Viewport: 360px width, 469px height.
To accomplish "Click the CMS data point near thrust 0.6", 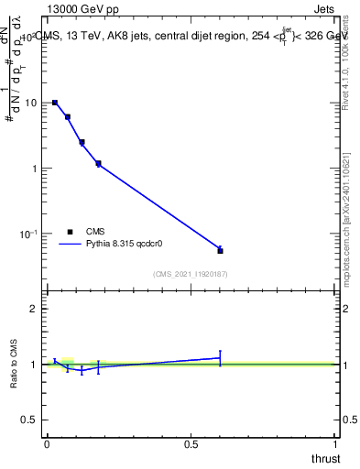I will [x=220, y=250].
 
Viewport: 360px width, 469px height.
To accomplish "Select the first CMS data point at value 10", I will [x=55, y=103].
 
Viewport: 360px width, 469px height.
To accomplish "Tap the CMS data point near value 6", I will [x=68, y=117].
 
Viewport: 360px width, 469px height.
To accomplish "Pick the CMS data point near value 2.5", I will [x=82, y=142].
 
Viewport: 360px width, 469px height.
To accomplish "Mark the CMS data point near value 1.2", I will [x=98, y=164].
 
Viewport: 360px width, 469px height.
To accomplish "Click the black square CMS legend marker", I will [x=69, y=232].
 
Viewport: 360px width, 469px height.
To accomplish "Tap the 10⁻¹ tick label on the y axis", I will [x=29, y=234].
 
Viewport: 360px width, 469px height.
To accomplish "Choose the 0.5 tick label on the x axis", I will [x=191, y=444].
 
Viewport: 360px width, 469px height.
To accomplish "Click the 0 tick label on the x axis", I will [x=47, y=444].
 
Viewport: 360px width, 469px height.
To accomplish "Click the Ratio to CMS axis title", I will [x=15, y=364].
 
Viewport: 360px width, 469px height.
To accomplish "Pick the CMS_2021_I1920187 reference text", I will [x=191, y=273].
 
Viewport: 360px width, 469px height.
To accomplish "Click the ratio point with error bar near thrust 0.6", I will [x=220, y=358].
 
